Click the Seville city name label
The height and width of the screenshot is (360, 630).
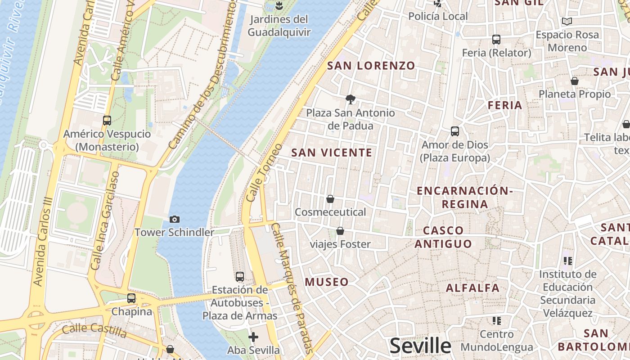coord(420,346)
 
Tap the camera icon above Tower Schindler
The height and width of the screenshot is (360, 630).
coord(175,219)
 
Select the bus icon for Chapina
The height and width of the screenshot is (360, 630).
coord(131,298)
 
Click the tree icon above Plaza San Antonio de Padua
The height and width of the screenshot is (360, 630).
coord(350,99)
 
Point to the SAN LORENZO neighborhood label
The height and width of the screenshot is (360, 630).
coord(371,66)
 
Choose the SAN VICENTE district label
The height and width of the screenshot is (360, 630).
coord(332,153)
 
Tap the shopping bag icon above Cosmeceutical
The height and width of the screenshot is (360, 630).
coord(330,199)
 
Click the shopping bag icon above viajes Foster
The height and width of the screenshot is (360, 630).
coord(340,231)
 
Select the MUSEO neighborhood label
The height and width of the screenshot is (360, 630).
coord(327,282)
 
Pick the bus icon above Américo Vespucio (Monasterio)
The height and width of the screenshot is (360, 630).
coord(107,121)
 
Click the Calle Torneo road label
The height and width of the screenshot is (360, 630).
coord(265,172)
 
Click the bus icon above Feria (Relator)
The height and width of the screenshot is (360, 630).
coord(496,40)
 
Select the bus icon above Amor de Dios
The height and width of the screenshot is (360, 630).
coord(455,131)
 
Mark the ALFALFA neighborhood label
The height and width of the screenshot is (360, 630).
coord(472,288)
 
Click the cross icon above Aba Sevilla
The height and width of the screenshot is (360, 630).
coord(253,337)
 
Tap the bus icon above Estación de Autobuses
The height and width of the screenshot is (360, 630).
coord(240,276)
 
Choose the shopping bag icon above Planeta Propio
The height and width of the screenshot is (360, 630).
coord(575,81)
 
